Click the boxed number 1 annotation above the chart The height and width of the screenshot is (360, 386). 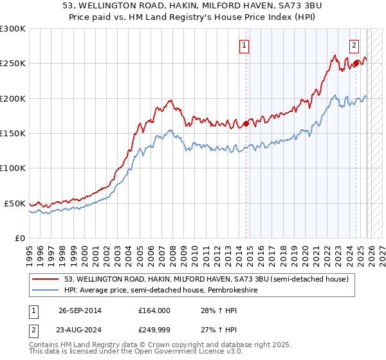[245, 45]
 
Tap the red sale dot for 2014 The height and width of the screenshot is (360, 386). [246, 124]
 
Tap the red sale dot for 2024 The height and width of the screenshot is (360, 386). [356, 62]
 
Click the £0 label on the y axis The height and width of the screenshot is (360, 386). [19, 238]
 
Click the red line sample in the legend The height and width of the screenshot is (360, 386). [46, 279]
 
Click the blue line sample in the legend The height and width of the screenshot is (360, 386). [46, 289]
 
